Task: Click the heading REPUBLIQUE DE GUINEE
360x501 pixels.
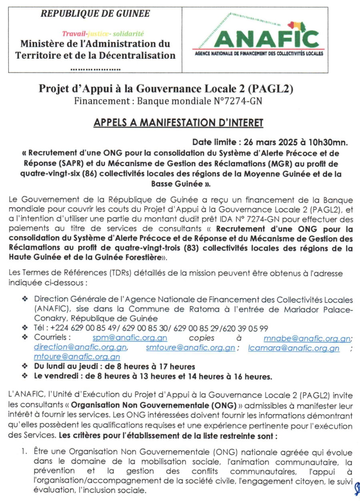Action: tap(95, 14)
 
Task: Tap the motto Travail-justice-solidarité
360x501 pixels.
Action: tap(103, 34)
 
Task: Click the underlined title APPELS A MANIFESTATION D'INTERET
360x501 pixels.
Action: tap(178, 123)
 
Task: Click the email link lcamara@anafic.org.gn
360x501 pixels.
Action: tap(294, 348)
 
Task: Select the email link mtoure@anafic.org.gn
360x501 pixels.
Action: tap(77, 357)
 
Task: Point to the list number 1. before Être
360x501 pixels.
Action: tap(25, 452)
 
